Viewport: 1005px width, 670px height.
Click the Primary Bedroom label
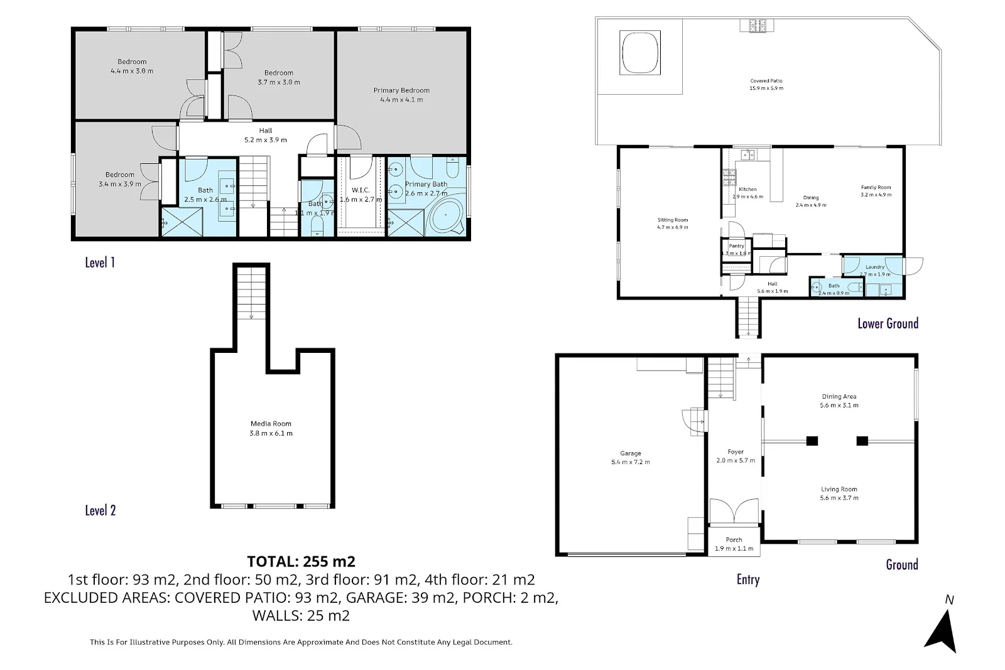pos(401,90)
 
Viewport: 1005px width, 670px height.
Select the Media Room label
pos(271,424)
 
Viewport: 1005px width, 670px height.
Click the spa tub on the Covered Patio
pos(640,53)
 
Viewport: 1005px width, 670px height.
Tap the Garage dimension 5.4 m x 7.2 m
pos(631,462)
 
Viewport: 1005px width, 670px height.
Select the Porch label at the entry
pos(734,540)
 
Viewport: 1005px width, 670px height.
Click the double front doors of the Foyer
pos(734,511)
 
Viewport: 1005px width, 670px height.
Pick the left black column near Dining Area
pos(812,441)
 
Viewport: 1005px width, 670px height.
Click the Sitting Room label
pos(673,220)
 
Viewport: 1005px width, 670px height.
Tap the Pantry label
pos(736,246)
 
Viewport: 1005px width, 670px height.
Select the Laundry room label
pos(875,267)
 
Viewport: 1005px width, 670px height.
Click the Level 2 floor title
pos(100,511)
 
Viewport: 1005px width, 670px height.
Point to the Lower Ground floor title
pos(888,324)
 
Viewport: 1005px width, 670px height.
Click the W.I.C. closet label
pos(360,190)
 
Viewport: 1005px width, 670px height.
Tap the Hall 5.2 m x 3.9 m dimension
pos(265,140)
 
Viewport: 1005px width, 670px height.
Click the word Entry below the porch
pos(747,580)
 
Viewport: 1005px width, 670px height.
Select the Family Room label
pos(876,187)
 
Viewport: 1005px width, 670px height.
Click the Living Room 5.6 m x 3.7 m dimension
pos(839,498)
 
